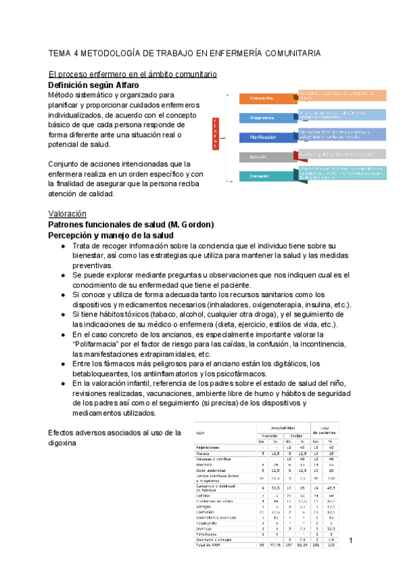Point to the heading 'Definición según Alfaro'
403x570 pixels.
pyautogui.click(x=93, y=85)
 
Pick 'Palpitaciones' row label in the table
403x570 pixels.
pyautogui.click(x=210, y=446)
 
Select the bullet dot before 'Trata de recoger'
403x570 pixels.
pyautogui.click(x=62, y=246)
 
